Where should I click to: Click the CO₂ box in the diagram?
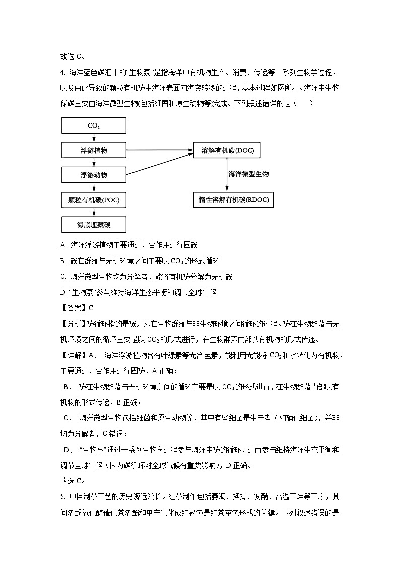point(94,125)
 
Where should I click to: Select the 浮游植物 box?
point(94,150)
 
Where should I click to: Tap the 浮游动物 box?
point(94,175)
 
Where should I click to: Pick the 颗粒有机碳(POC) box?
point(94,200)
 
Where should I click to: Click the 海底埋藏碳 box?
point(94,224)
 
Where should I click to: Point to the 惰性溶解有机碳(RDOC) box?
point(233,200)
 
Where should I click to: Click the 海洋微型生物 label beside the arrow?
point(248,174)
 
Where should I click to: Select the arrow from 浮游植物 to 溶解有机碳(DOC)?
point(160,150)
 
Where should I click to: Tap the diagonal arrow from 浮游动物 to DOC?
point(160,165)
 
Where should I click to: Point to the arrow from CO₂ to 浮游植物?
point(94,138)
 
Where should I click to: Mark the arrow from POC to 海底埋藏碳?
point(94,212)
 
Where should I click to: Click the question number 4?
point(62,73)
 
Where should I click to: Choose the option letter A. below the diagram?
point(63,245)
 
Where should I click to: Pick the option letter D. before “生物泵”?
point(63,292)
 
